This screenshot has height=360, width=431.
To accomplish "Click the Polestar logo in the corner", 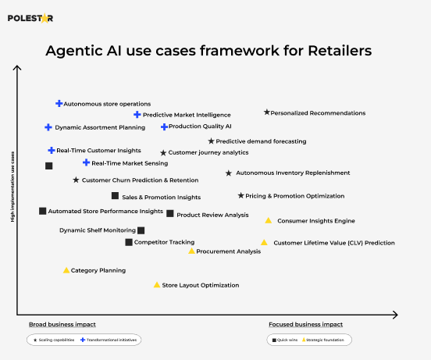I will tap(31, 18).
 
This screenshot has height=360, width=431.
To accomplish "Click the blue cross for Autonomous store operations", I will tap(59, 103).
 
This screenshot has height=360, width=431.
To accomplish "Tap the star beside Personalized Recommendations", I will tap(267, 112).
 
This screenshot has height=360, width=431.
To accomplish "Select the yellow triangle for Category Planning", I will tap(66, 270).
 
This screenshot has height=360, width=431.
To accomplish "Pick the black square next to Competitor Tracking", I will tap(129, 242).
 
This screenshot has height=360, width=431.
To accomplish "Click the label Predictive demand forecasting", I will tap(261, 141).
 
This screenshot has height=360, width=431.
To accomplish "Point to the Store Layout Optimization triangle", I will tap(157, 285).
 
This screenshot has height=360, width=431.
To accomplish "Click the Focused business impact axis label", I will tap(305, 324).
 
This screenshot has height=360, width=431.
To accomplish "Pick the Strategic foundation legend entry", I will tap(325, 340).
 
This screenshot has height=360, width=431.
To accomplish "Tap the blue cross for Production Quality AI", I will tap(164, 127).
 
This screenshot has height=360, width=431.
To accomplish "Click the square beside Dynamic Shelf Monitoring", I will tap(141, 230).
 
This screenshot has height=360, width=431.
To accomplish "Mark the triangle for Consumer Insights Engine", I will tap(269, 220).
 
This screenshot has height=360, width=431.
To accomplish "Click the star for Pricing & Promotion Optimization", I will tap(240, 196).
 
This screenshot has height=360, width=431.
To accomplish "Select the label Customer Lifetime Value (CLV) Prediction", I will tap(333, 243).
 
